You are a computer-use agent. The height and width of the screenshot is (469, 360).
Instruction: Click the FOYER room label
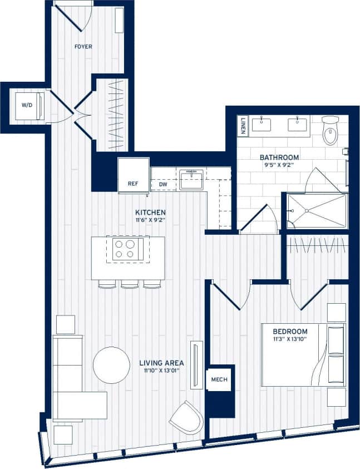pyautogui.click(x=83, y=47)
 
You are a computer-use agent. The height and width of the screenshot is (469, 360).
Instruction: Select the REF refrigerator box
pyautogui.click(x=133, y=183)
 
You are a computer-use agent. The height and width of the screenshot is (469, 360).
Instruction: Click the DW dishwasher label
pyautogui.click(x=163, y=184)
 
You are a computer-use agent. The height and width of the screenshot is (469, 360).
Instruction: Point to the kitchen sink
pyautogui.click(x=190, y=179)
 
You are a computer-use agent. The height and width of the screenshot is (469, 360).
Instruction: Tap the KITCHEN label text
pyautogui.click(x=150, y=213)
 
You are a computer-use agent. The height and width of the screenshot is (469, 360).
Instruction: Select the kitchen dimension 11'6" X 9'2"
pyautogui.click(x=150, y=221)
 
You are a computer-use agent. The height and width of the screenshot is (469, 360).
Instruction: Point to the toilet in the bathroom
pyautogui.click(x=331, y=131)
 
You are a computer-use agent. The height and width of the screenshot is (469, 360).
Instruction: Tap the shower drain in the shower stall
pyautogui.click(x=305, y=211)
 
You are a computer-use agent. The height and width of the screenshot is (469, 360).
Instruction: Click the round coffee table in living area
pyautogui.click(x=111, y=365)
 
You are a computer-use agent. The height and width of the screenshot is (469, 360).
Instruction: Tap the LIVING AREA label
pyautogui.click(x=161, y=363)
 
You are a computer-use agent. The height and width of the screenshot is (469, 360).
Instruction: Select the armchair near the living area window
pyautogui.click(x=186, y=417)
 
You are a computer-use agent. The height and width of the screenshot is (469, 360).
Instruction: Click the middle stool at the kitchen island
pyautogui.click(x=129, y=284)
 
